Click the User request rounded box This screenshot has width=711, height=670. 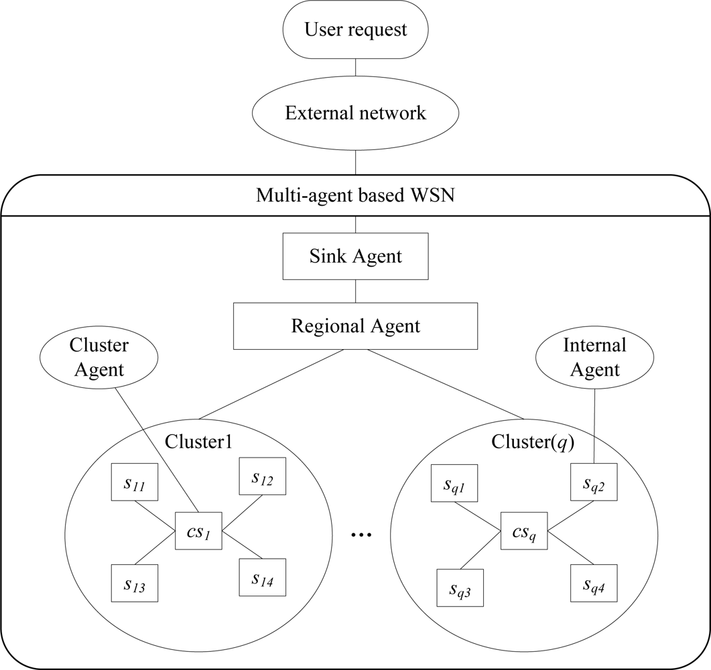tap(355, 29)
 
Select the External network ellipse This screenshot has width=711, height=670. tap(355, 113)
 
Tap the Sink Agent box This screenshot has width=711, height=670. tap(355, 256)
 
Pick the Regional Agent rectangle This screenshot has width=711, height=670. tap(355, 326)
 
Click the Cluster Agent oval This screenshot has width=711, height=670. tap(99, 357)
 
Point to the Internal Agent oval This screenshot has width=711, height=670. tap(594, 357)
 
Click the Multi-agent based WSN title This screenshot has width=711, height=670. tap(355, 196)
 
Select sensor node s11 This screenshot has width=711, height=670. tap(135, 482)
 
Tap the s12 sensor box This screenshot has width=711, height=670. tap(263, 476)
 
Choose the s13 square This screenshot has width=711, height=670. tap(135, 583)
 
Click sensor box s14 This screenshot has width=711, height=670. tap(263, 577)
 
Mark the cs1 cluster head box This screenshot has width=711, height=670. tap(198, 531)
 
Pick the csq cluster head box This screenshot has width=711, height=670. tap(524, 531)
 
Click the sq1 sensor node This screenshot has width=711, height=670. tap(454, 483)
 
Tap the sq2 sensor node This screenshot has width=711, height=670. tap(594, 482)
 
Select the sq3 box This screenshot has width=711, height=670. tap(460, 588)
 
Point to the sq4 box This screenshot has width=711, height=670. tap(594, 583)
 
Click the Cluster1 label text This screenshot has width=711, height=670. tap(198, 442)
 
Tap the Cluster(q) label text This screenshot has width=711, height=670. tap(533, 442)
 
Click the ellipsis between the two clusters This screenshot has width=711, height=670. tap(361, 535)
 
